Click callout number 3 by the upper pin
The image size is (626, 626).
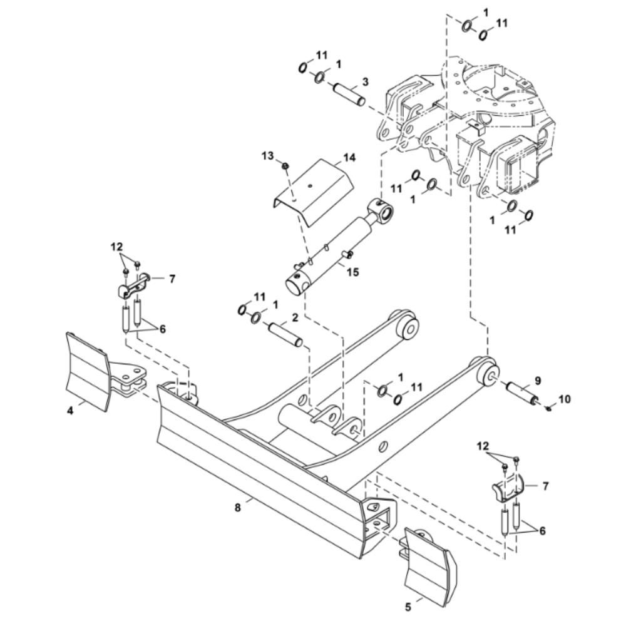point(366,82)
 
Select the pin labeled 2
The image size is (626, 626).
point(285,335)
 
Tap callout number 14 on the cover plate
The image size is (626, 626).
point(349,158)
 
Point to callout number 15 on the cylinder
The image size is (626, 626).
point(353,272)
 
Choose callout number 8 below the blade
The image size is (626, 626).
point(237,508)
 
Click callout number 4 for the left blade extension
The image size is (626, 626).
point(70,410)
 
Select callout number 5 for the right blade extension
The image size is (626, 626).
point(408,607)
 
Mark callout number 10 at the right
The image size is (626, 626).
point(564,399)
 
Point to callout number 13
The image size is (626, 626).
point(268,155)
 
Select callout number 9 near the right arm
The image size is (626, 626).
point(538,381)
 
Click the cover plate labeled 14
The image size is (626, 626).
point(312,193)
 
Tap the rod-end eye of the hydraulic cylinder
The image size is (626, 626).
point(381,210)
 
